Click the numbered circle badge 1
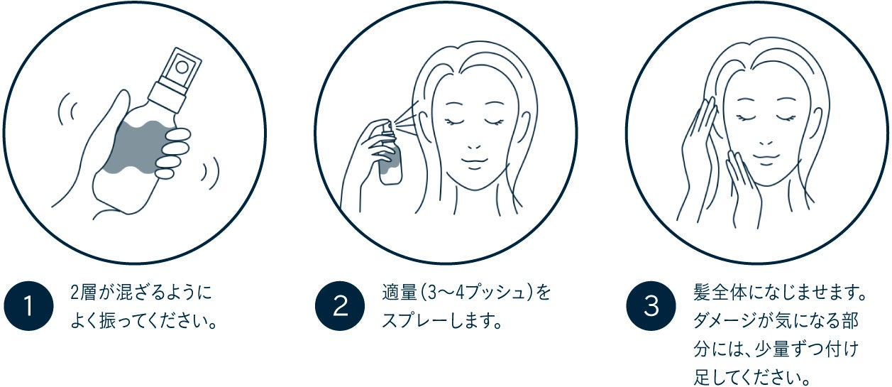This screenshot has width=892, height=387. pos(28,305)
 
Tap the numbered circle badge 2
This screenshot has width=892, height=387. pos(340,305)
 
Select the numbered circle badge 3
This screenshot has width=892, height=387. pos(651,305)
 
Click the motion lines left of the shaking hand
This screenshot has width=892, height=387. pos(67,109)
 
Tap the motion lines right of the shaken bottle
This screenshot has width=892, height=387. pos(210,173)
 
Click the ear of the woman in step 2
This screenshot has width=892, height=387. pos(524,126)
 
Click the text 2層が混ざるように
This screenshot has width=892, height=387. pos(141,293)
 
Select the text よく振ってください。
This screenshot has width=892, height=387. pos(143,321)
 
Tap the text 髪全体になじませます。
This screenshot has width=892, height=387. pos(780,293)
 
